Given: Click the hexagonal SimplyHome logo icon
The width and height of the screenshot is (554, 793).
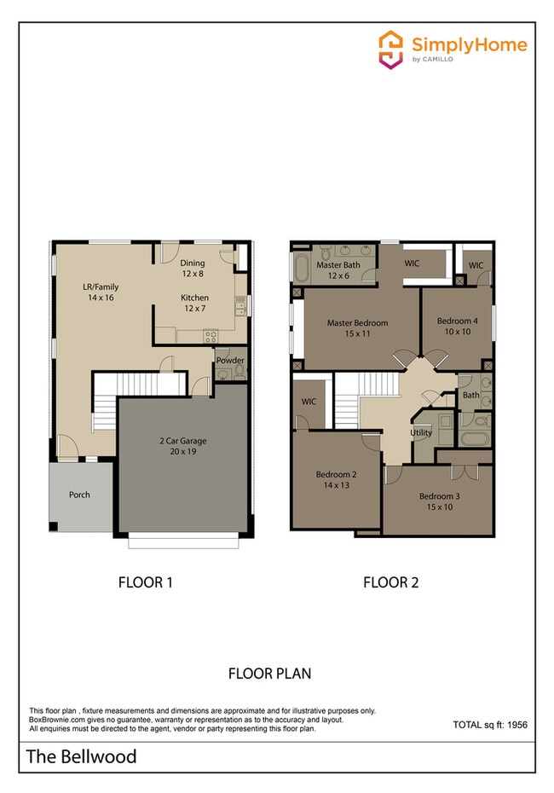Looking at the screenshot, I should (390, 49).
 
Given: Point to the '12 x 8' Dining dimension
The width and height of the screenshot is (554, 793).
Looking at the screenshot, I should (193, 275).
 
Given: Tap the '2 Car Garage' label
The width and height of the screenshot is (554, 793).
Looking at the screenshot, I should (183, 441).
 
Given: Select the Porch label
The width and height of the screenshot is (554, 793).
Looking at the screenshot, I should (79, 495).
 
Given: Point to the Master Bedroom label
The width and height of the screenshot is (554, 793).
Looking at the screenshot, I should (358, 323).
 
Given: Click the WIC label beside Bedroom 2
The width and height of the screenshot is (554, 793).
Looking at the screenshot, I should (309, 401).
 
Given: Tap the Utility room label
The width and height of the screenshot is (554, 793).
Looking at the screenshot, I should (421, 432).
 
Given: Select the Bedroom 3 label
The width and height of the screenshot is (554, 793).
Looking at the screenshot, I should (440, 496).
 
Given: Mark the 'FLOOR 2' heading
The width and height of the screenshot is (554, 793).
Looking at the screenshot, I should (390, 583).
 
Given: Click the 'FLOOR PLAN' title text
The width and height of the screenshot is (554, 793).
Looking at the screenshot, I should (269, 673).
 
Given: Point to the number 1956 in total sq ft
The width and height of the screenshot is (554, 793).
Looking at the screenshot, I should (512, 724).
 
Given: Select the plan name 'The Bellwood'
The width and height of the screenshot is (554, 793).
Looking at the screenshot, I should (81, 755).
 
